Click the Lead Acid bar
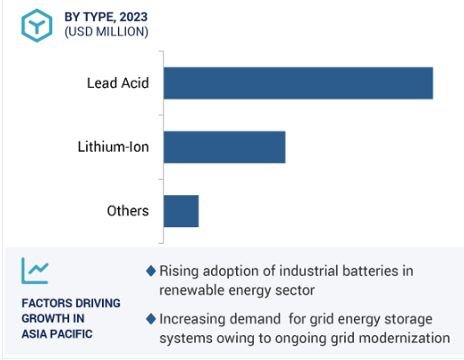(298, 83)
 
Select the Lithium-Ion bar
(224, 147)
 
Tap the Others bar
(181, 211)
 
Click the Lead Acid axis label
(118, 83)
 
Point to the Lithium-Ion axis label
(113, 147)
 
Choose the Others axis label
(128, 211)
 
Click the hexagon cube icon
(37, 26)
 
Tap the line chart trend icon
(35, 270)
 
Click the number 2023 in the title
(133, 17)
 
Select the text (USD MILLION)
(106, 32)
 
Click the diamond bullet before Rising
(151, 271)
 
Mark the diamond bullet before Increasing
(151, 319)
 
